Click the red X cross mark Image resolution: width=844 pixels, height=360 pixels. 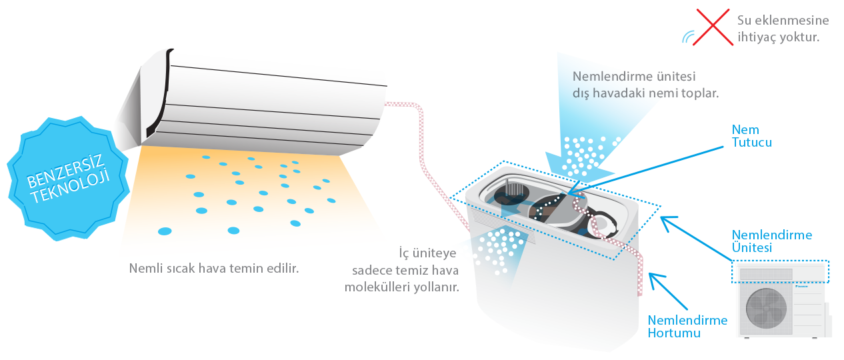713,27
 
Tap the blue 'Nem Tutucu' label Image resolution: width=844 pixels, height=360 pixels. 751,136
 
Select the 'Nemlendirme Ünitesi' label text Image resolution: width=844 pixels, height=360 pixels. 771,241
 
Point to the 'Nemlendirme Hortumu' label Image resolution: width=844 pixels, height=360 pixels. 687,327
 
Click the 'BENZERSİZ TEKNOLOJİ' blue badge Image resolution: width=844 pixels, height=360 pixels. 68,178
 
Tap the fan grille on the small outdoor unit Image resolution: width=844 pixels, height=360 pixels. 766,309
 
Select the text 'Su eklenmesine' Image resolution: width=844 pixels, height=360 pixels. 783,21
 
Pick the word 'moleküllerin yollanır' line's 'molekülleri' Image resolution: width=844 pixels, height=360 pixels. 377,287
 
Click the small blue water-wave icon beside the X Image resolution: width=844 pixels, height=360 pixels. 688,37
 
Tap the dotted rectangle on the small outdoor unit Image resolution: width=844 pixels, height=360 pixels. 780,271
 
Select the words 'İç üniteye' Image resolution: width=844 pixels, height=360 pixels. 427,253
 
